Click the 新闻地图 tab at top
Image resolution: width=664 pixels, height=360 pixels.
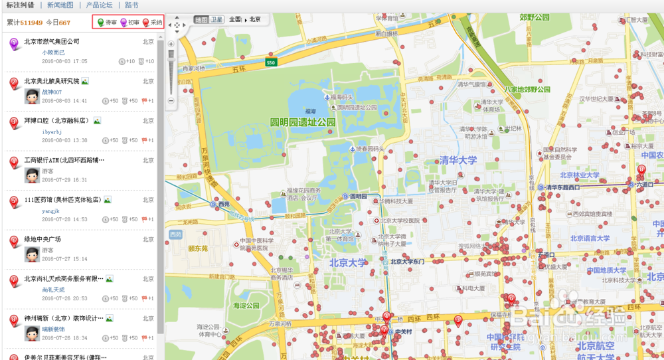pyautogui.click(x=60, y=5)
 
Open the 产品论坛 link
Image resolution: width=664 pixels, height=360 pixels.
pyautogui.click(x=99, y=5)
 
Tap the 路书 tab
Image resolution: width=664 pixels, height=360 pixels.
pyautogui.click(x=131, y=5)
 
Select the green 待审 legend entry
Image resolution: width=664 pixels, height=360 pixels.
pyautogui.click(x=107, y=23)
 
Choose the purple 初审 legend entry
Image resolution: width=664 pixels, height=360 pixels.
pyautogui.click(x=130, y=23)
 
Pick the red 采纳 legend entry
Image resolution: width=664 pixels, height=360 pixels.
pyautogui.click(x=153, y=23)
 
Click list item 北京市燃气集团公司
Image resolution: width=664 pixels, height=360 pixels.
pyautogui.click(x=52, y=41)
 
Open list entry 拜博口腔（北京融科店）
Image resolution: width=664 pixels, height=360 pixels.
pyautogui.click(x=56, y=121)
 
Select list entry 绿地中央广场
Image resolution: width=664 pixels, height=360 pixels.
pyautogui.click(x=42, y=239)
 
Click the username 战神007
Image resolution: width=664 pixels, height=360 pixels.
pyautogui.click(x=52, y=92)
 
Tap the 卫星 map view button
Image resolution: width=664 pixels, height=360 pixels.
pyautogui.click(x=216, y=20)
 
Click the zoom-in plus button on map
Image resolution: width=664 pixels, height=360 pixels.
pyautogui.click(x=171, y=44)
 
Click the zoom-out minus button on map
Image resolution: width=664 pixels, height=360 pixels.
pyautogui.click(x=171, y=101)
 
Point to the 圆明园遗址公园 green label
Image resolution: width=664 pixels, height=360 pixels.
pyautogui.click(x=303, y=123)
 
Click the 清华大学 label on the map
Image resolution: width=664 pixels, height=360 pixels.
pyautogui.click(x=458, y=160)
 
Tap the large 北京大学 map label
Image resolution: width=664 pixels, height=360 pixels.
pyautogui.click(x=348, y=262)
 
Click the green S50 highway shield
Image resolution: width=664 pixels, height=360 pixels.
pyautogui.click(x=271, y=62)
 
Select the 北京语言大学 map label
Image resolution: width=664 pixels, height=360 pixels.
pyautogui.click(x=590, y=238)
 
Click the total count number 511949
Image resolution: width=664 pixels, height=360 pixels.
pyautogui.click(x=32, y=23)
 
